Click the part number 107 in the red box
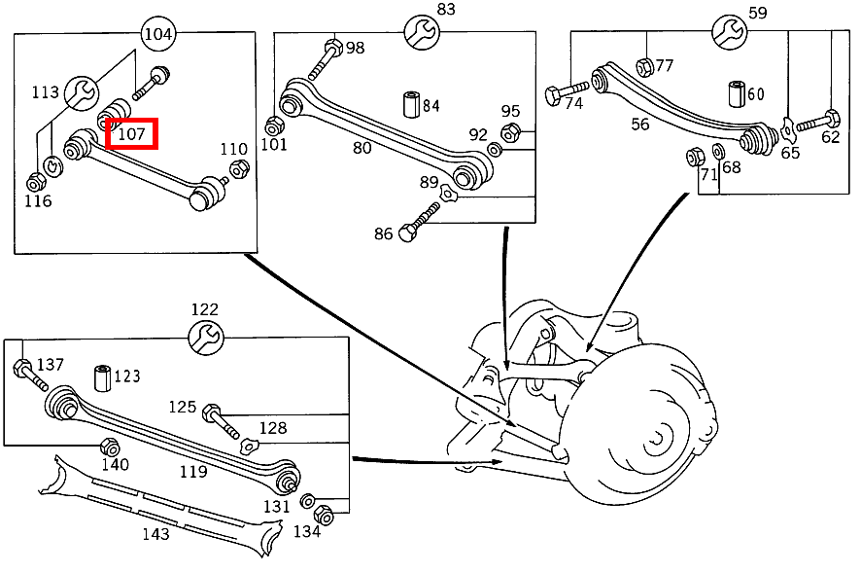click(130, 133)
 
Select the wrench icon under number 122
click(205, 338)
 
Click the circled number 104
click(158, 34)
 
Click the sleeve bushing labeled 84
click(410, 103)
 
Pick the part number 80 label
click(362, 149)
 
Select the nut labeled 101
click(274, 125)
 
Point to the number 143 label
click(155, 533)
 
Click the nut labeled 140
click(110, 447)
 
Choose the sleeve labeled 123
click(101, 376)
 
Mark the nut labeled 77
click(643, 66)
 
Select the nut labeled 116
click(36, 181)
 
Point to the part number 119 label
click(193, 472)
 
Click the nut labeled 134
click(326, 515)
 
